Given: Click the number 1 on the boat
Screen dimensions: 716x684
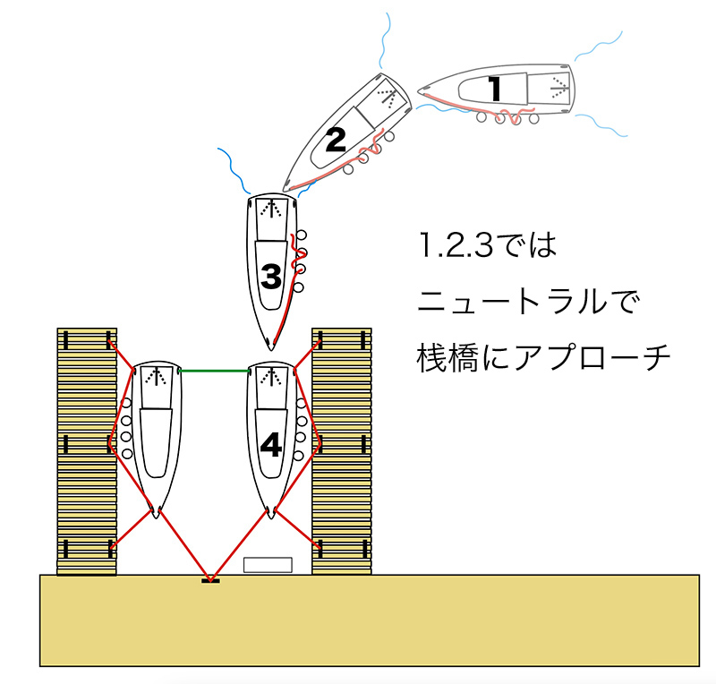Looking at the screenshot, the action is coord(495,89).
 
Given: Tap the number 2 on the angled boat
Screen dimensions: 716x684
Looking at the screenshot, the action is coord(337,140).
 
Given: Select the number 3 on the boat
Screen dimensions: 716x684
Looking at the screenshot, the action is coord(271,277).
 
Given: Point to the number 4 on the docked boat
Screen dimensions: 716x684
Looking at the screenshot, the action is coord(271,445).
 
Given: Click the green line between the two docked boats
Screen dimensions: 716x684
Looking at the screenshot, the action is coord(215,371).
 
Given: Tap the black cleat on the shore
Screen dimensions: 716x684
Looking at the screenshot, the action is coord(210,581).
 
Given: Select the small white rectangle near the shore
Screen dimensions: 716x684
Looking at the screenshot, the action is coord(268,565).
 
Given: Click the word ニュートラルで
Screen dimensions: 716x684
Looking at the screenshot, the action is coord(528,302).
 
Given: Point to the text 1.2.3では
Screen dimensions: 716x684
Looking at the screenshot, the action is coord(487,245).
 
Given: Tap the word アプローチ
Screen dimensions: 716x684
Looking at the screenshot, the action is coord(592,358).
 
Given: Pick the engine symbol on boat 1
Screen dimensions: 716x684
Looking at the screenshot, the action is coord(558,87).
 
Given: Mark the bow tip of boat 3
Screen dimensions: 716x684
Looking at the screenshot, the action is coord(271,350).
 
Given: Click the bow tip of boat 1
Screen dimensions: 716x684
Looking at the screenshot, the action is coord(418,89).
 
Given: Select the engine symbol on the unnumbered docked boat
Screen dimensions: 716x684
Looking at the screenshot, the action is coord(156,377).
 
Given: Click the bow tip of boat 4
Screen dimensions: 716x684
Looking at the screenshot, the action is coord(271,518).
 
